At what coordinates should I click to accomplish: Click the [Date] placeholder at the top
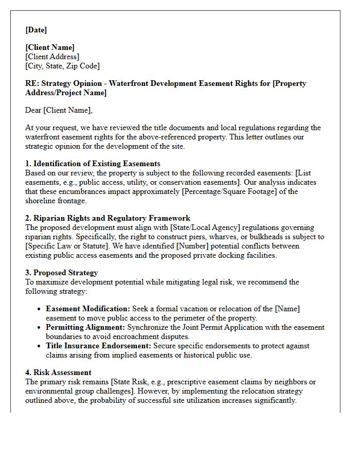point(36,30)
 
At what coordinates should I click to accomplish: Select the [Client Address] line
point(52,57)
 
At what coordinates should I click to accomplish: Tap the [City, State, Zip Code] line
point(63,66)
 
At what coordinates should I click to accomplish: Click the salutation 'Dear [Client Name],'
point(59,110)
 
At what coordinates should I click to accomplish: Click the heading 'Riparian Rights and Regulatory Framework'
point(112,219)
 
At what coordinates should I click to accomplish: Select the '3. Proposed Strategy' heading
point(61,273)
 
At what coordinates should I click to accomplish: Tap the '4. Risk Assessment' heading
point(58,372)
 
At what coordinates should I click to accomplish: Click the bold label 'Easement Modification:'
point(88,309)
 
